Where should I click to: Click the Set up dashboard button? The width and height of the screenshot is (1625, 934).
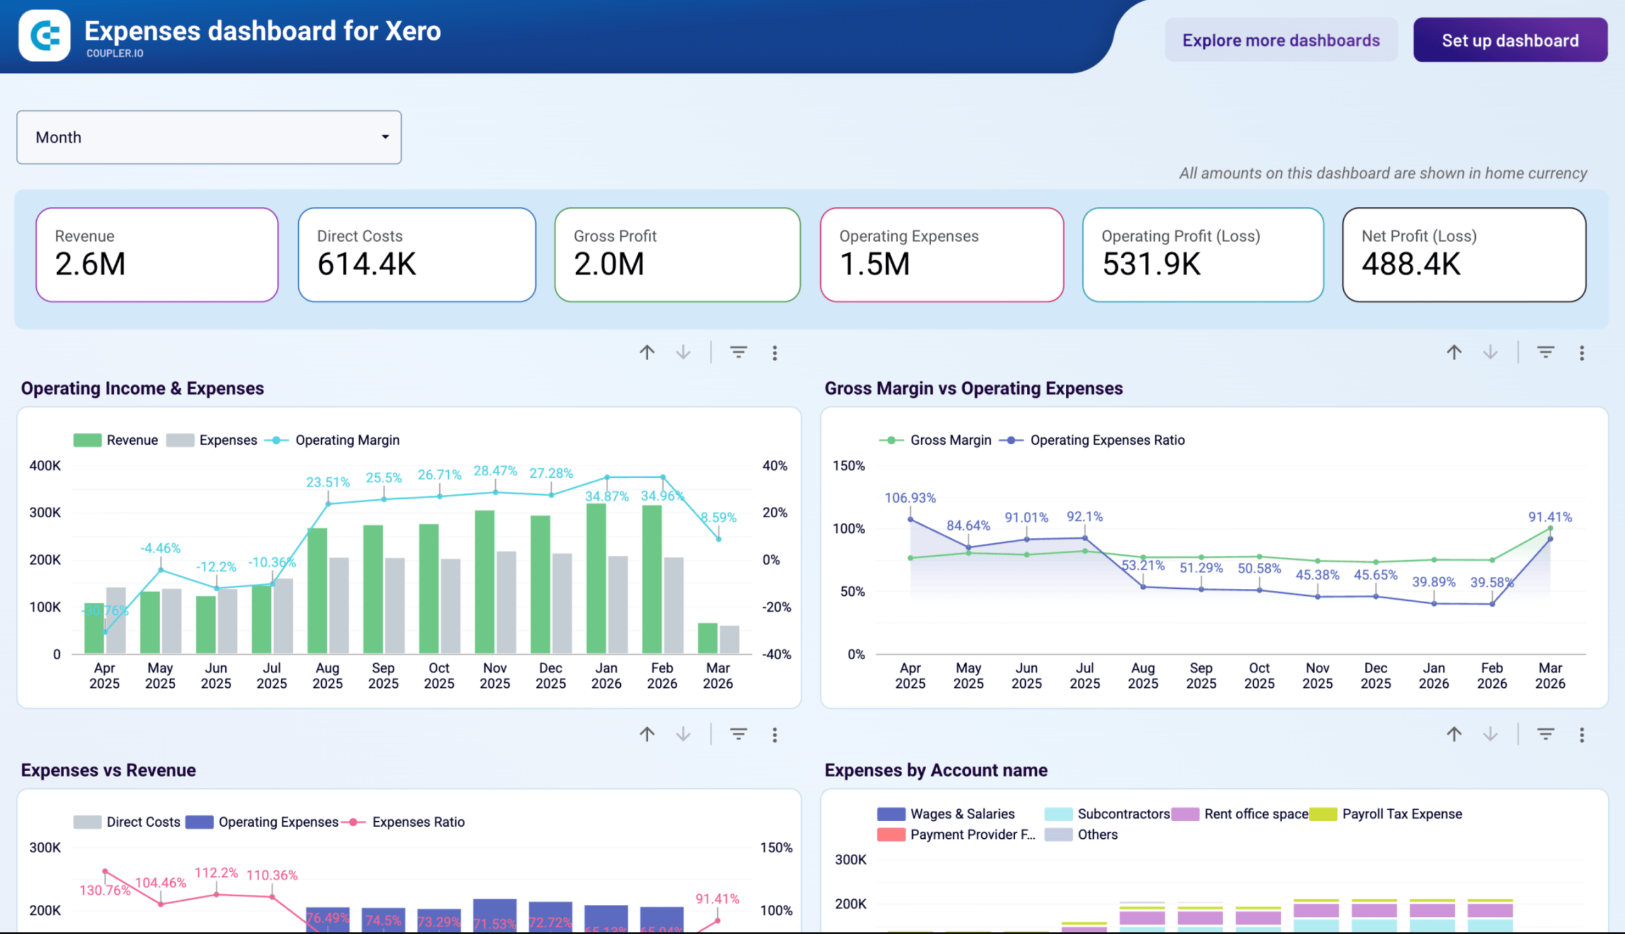[x=1509, y=41]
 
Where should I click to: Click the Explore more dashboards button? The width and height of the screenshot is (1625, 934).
[x=1280, y=41]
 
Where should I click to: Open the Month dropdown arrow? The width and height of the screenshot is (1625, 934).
[x=385, y=136]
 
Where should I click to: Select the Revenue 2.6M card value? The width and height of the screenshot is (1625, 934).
[x=91, y=264]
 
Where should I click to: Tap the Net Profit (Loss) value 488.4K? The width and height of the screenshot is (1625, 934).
[x=1410, y=264]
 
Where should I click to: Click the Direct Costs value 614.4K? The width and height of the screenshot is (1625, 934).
[x=366, y=264]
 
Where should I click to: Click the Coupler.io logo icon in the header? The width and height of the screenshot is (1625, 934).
[x=44, y=36]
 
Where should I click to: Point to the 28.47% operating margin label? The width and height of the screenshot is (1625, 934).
[x=494, y=471]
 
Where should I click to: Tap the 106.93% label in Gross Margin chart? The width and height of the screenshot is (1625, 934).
[x=910, y=498]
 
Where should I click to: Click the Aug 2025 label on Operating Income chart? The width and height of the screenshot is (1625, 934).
[x=327, y=676]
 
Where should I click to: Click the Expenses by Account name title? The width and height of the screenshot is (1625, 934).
[x=936, y=770]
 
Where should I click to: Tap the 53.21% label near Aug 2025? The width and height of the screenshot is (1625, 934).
[x=1143, y=566]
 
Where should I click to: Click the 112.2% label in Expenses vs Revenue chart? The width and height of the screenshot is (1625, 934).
[x=216, y=872]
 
